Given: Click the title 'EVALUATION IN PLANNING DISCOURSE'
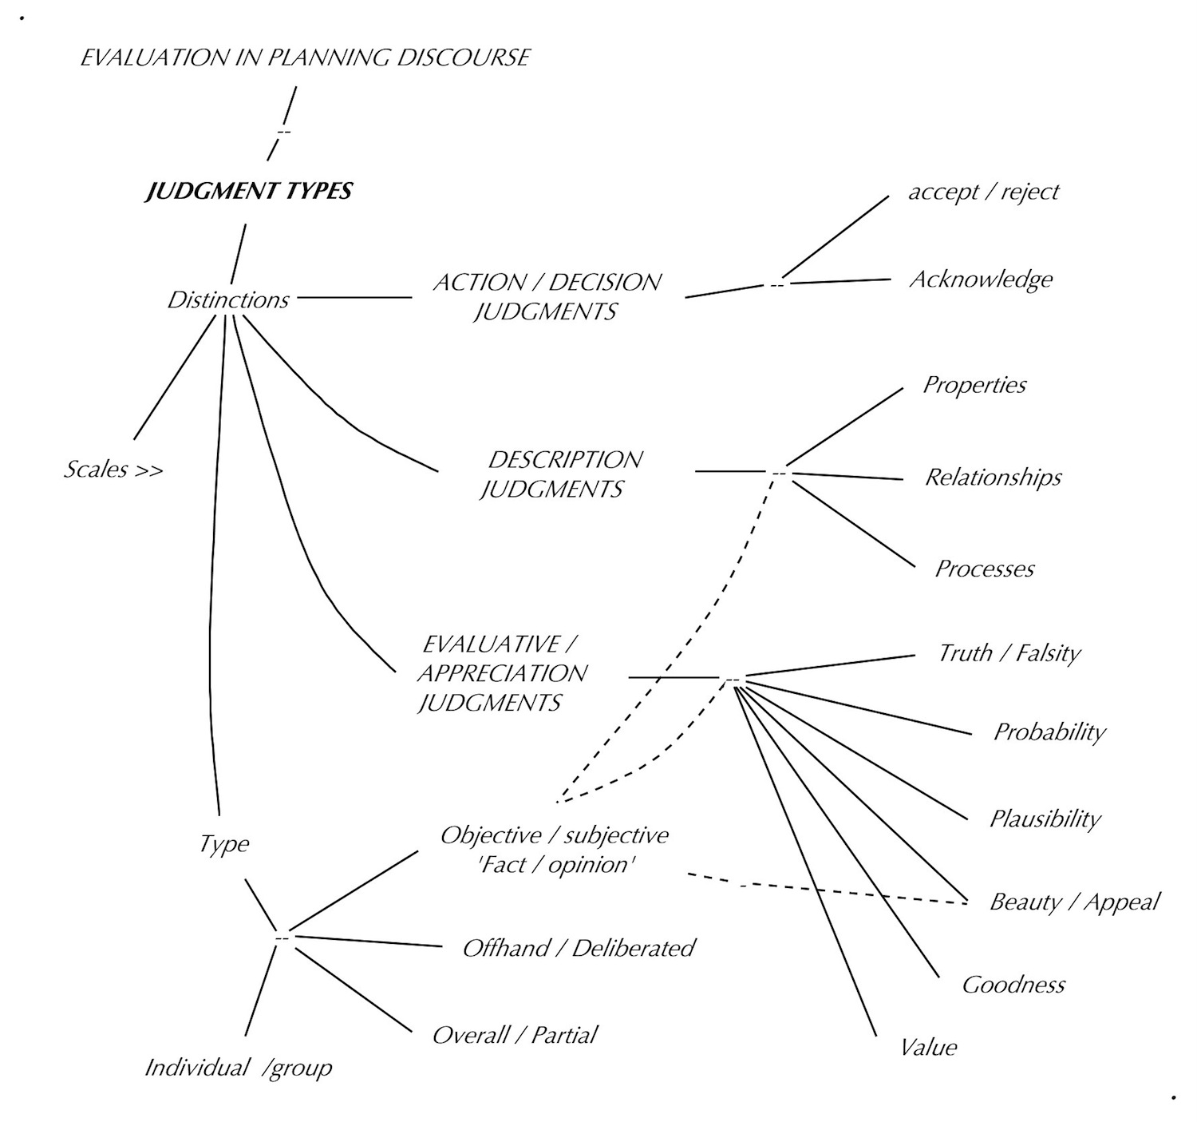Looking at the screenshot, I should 305,58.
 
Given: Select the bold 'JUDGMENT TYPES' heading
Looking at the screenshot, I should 248,192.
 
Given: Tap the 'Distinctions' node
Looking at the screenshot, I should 228,300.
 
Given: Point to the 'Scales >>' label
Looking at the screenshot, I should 113,470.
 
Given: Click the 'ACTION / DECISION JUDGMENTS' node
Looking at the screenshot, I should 547,297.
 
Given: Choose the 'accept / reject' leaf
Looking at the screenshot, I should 983,192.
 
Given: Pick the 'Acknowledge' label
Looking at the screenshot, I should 981,280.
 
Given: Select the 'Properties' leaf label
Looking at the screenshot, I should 974,385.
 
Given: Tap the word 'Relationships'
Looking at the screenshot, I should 993,478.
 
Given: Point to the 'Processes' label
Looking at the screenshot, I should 984,569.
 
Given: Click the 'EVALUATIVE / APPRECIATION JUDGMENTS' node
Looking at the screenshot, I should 501,673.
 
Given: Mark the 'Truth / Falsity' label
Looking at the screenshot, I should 1009,654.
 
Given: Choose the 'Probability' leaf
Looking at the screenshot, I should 1049,732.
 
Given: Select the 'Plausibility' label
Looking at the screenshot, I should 1045,819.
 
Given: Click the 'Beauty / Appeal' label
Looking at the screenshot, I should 1074,902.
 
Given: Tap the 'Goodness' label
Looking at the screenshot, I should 1013,985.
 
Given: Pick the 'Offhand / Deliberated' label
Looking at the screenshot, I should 579,949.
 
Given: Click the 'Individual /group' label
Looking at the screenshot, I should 238,1068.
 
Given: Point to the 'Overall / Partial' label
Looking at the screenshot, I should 515,1036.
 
